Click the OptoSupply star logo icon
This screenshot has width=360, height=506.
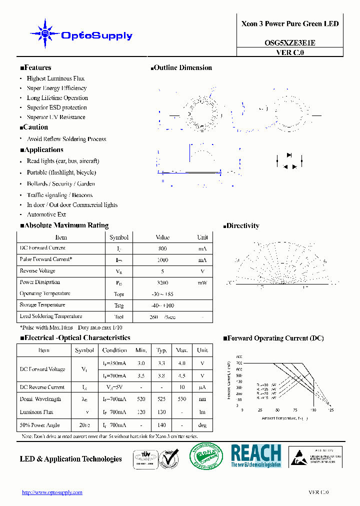pyautogui.click(x=45, y=34)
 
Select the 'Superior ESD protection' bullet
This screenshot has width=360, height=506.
pyautogui.click(x=56, y=107)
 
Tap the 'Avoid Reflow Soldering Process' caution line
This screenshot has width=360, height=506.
pyautogui.click(x=66, y=139)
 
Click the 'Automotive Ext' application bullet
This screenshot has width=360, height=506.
pyautogui.click(x=46, y=214)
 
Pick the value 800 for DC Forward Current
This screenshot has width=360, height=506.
pyautogui.click(x=162, y=248)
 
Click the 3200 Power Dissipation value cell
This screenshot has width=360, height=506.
pyautogui.click(x=162, y=282)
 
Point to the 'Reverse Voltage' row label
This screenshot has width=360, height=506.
pyautogui.click(x=37, y=271)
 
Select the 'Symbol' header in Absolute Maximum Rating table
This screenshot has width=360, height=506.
pyautogui.click(x=119, y=237)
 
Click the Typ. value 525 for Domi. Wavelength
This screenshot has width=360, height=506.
pyautogui.click(x=161, y=399)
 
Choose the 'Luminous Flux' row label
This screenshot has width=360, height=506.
pyautogui.click(x=36, y=412)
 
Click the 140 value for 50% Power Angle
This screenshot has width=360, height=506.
pyautogui.click(x=161, y=425)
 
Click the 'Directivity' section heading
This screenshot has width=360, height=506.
pyautogui.click(x=242, y=226)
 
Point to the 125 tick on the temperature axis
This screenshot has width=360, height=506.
pyautogui.click(x=330, y=410)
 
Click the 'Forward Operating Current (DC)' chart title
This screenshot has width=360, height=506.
pyautogui.click(x=275, y=338)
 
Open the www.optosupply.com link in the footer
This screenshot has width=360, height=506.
pyautogui.click(x=52, y=492)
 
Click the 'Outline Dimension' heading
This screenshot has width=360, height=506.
pyautogui.click(x=182, y=68)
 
